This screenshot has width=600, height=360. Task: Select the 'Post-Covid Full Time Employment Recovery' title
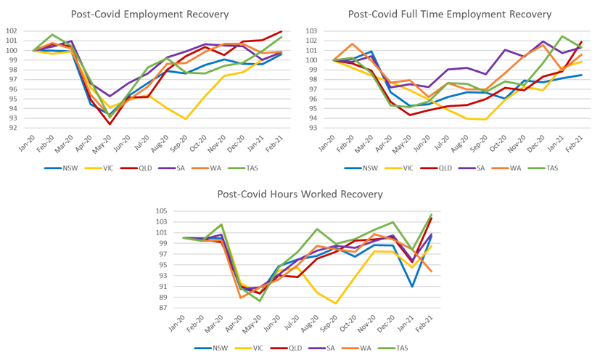[450, 15]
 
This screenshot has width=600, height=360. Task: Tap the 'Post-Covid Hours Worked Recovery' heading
[300, 195]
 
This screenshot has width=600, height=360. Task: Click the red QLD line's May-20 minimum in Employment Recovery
[110, 124]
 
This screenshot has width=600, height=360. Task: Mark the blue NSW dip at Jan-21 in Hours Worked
[412, 287]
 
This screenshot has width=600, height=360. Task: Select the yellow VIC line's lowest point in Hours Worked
[336, 303]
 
